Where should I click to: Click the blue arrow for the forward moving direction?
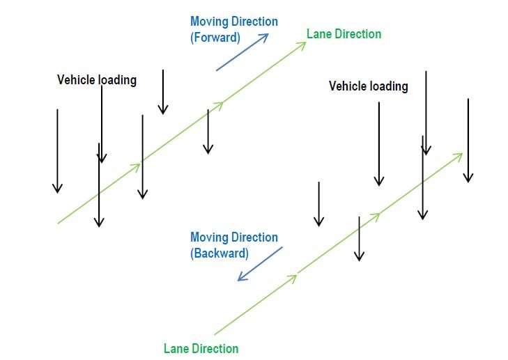pos(242,52)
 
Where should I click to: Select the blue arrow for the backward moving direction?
pos(259,264)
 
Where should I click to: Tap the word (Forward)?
pos(215,38)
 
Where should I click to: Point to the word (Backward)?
pos(219,253)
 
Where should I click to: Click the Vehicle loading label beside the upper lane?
pos(96,80)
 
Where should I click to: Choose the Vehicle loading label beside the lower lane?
pos(368,86)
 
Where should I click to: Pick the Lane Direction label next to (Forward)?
pos(344,33)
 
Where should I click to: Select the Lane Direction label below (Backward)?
pos(201,348)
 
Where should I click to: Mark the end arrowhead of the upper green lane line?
pos(302,44)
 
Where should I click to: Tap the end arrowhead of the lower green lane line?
pos(459,155)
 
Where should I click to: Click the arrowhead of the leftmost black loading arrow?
pos(57,188)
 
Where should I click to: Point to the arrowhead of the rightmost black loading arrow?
pos(468,178)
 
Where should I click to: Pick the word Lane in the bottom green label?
pos(175,348)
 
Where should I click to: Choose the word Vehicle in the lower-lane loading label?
pos(347,86)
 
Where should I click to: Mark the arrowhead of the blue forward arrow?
pos(265,36)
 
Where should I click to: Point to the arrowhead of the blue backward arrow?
pos(240,279)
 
